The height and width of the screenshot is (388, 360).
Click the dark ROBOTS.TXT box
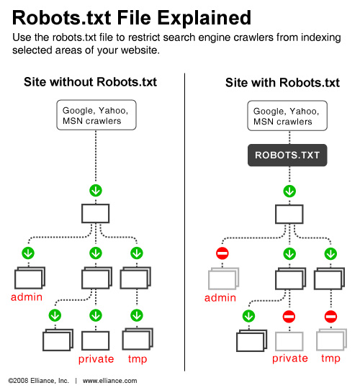288,155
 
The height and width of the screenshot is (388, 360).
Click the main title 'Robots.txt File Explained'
132,17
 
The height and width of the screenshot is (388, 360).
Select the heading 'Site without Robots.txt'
90,82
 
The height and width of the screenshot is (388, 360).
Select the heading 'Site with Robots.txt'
282,82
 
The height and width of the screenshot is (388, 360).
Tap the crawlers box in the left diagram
96,116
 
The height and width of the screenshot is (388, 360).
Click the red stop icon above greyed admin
222,253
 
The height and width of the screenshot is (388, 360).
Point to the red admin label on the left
26,297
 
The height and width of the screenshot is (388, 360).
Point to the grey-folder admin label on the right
220,297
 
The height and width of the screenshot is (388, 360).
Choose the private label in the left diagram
96,358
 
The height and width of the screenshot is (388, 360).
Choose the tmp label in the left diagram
137,358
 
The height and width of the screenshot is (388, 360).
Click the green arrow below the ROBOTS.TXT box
289,191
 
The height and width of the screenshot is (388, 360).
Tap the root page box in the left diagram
96,214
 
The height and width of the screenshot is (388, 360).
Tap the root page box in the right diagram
289,214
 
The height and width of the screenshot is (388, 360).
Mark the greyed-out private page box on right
289,340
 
